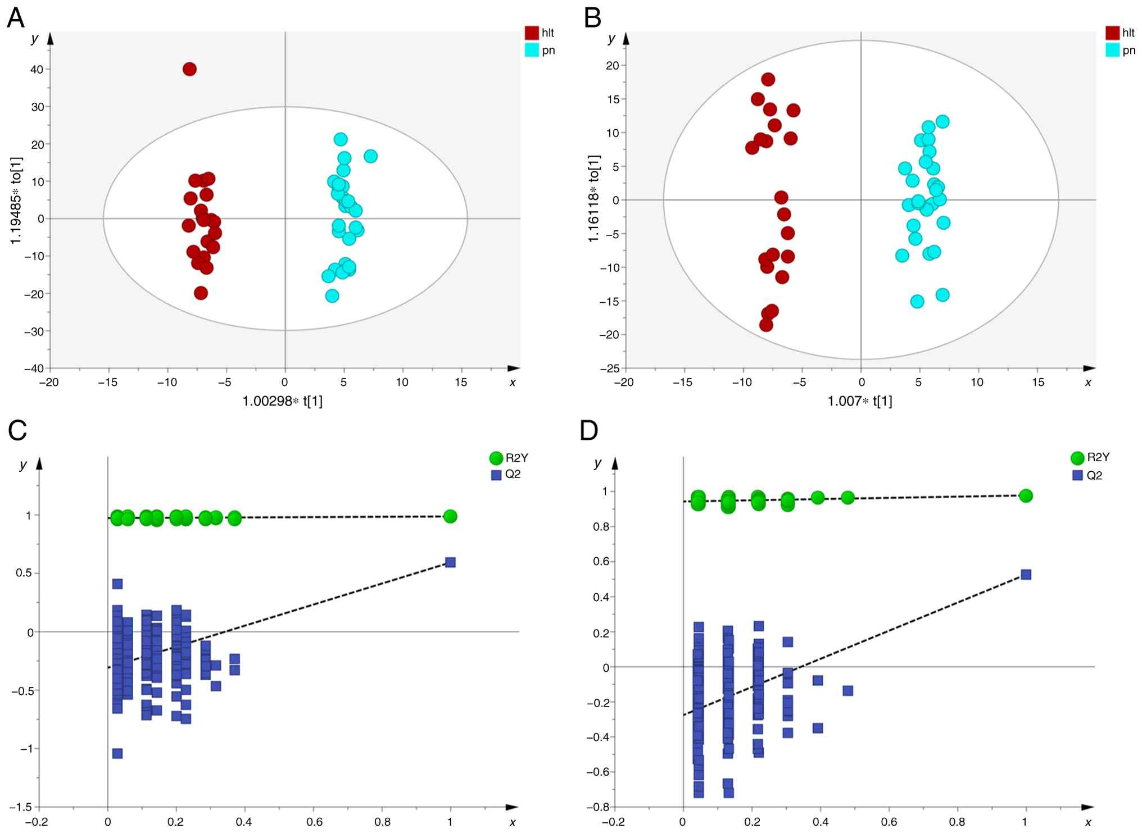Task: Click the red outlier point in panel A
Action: point(189,69)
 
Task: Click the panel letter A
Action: point(16,18)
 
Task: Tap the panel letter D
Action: point(588,431)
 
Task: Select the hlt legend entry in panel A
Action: point(540,33)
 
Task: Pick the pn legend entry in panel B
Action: point(1121,51)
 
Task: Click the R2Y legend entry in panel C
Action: point(509,458)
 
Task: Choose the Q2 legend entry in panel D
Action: point(1087,475)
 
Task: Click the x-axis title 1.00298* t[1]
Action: point(282,401)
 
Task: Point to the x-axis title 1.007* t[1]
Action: point(860,401)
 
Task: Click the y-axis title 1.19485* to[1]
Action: point(16,201)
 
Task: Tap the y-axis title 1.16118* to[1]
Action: point(594,198)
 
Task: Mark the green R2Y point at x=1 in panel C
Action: point(450,516)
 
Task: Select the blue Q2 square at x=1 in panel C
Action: point(450,562)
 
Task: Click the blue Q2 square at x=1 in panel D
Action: point(1026,574)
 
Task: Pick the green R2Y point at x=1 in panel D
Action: point(1026,495)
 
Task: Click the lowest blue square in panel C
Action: point(117,753)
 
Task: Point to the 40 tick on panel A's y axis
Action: point(37,69)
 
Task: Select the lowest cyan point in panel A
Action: point(332,295)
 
